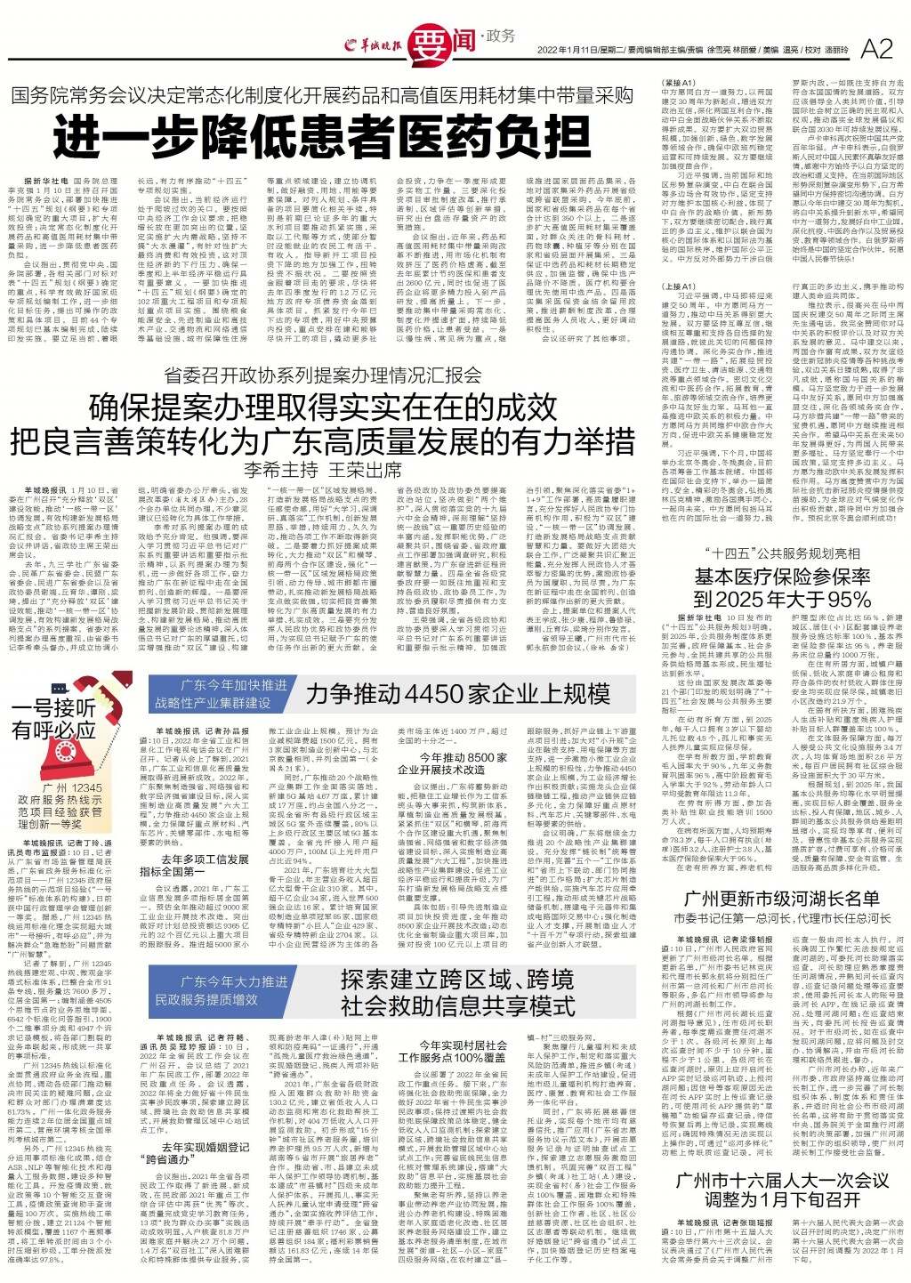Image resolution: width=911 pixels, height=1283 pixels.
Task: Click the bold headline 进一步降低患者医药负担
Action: coord(319,137)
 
